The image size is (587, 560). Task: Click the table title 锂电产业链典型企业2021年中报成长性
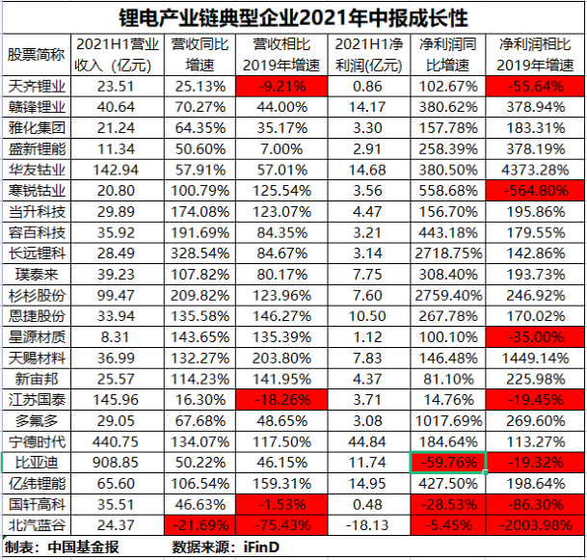(293, 16)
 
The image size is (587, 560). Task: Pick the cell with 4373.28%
(534, 166)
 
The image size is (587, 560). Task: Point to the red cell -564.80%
(534, 189)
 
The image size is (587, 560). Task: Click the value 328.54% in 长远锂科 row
(198, 252)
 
